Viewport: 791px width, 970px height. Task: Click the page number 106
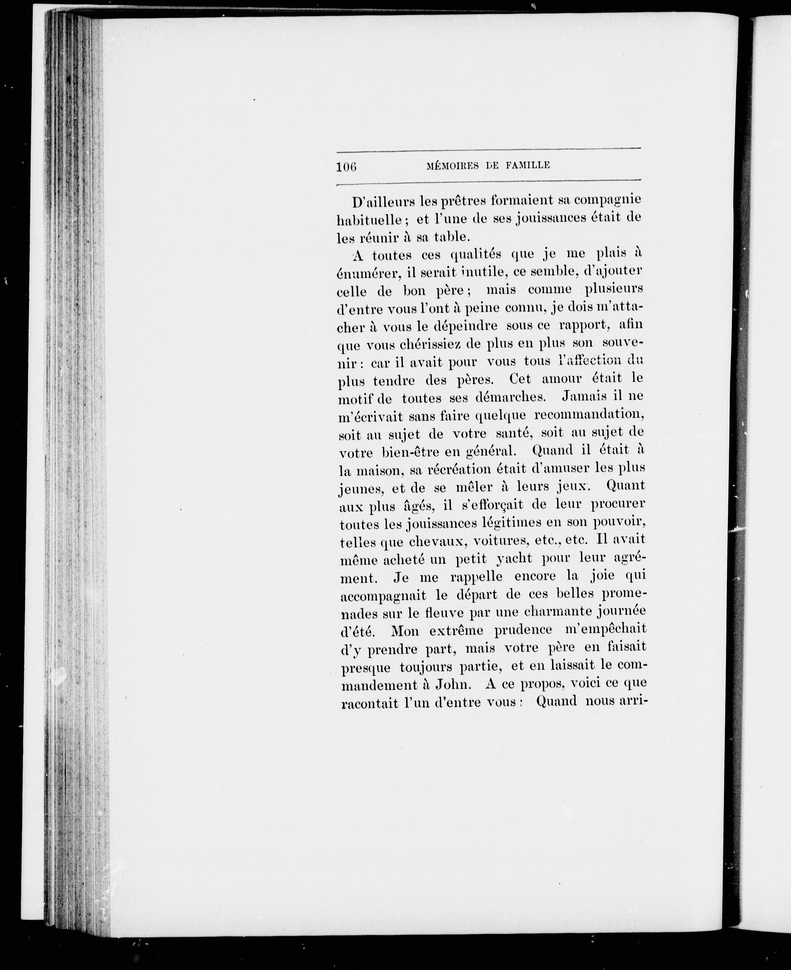point(346,166)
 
